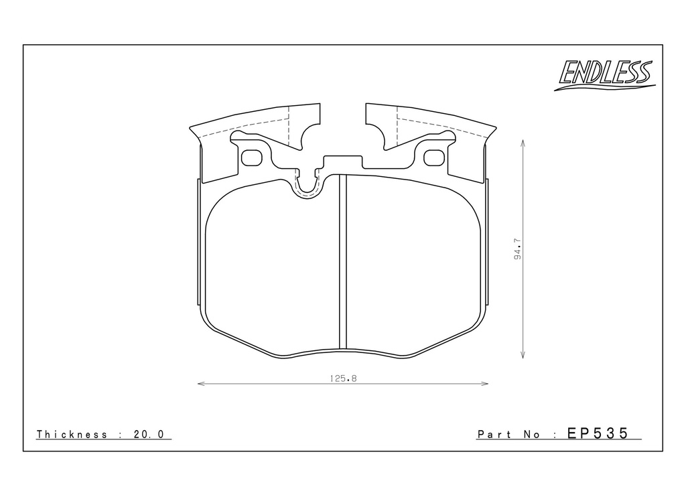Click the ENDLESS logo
(x=605, y=75)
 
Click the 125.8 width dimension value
(x=344, y=378)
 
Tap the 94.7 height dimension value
(x=518, y=249)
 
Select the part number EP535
(x=598, y=433)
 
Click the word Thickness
(x=72, y=434)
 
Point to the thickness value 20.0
(x=149, y=434)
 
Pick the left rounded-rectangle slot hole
(x=252, y=158)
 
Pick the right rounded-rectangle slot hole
(x=434, y=158)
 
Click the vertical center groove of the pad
(x=343, y=263)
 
